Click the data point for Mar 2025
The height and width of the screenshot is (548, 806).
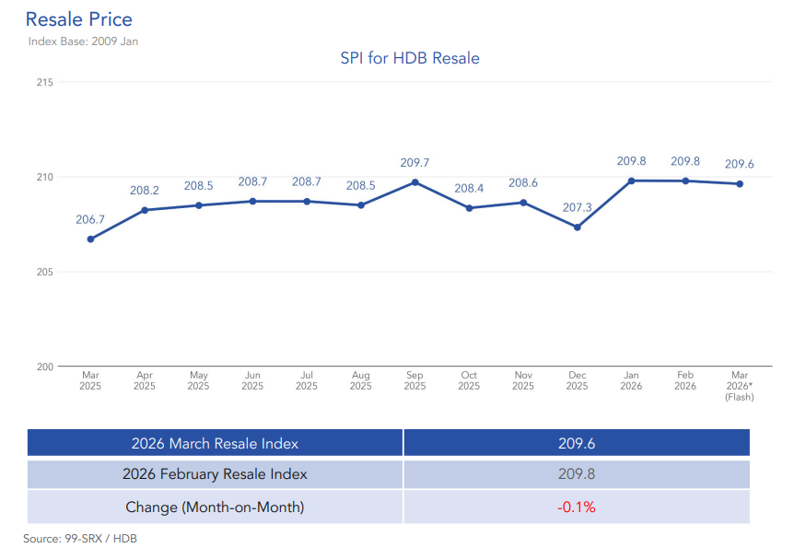tap(90, 239)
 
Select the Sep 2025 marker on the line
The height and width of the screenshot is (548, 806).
tap(415, 181)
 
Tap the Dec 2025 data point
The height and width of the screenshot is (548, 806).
tap(577, 227)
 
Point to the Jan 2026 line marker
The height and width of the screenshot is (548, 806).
tap(631, 181)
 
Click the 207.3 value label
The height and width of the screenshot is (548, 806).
tap(577, 207)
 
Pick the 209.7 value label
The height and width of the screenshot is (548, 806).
tap(415, 162)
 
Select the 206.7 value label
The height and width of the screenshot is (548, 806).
tap(90, 219)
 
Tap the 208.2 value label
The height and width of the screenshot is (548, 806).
tap(145, 191)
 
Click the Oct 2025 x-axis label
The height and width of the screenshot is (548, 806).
tap(469, 380)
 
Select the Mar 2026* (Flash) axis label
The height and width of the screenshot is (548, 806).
tap(739, 386)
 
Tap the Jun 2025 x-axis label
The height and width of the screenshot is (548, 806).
tap(252, 380)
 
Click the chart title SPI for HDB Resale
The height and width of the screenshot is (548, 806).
tap(410, 58)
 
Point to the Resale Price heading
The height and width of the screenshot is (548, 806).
tap(78, 18)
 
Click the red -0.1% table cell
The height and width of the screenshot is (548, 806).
tap(577, 507)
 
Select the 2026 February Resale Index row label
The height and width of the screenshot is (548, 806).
tap(215, 474)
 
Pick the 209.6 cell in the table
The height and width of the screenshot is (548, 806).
tap(577, 443)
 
